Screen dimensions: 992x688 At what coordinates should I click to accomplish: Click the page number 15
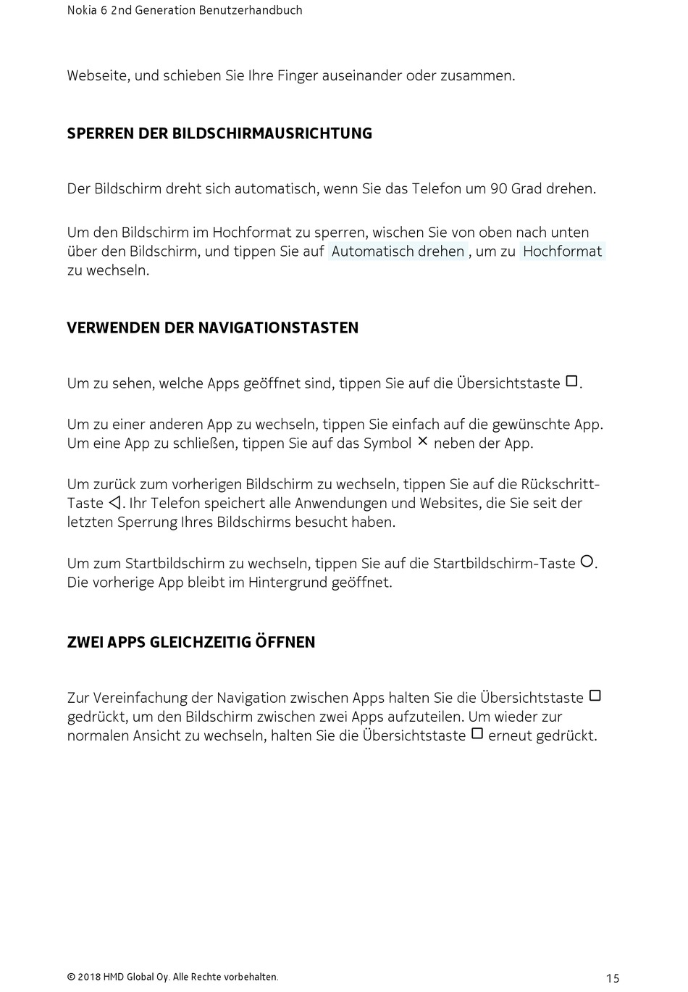click(x=613, y=978)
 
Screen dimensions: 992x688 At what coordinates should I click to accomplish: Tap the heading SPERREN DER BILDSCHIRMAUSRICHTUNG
click(x=219, y=133)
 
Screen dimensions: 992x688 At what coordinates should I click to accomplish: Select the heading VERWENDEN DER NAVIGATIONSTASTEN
click(x=212, y=328)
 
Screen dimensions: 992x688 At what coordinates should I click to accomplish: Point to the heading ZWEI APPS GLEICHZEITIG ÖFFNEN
click(x=191, y=642)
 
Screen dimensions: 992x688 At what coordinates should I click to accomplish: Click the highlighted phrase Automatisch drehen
click(x=398, y=251)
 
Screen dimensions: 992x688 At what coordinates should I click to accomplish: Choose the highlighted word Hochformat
click(x=562, y=251)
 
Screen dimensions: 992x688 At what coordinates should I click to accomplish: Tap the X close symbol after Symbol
click(x=423, y=441)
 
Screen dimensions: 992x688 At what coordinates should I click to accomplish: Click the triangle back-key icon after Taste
click(x=114, y=503)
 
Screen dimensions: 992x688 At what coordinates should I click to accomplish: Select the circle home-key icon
click(x=587, y=561)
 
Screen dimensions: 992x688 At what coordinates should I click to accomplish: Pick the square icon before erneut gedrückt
click(x=477, y=733)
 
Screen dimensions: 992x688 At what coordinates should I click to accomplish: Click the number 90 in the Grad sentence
click(x=498, y=188)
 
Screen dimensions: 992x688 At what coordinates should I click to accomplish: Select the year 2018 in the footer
click(x=89, y=977)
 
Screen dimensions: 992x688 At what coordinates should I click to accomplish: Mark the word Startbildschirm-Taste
click(x=504, y=563)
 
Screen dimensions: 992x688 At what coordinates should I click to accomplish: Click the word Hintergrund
click(x=288, y=582)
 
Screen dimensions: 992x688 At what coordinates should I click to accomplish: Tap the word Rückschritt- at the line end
click(x=561, y=484)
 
